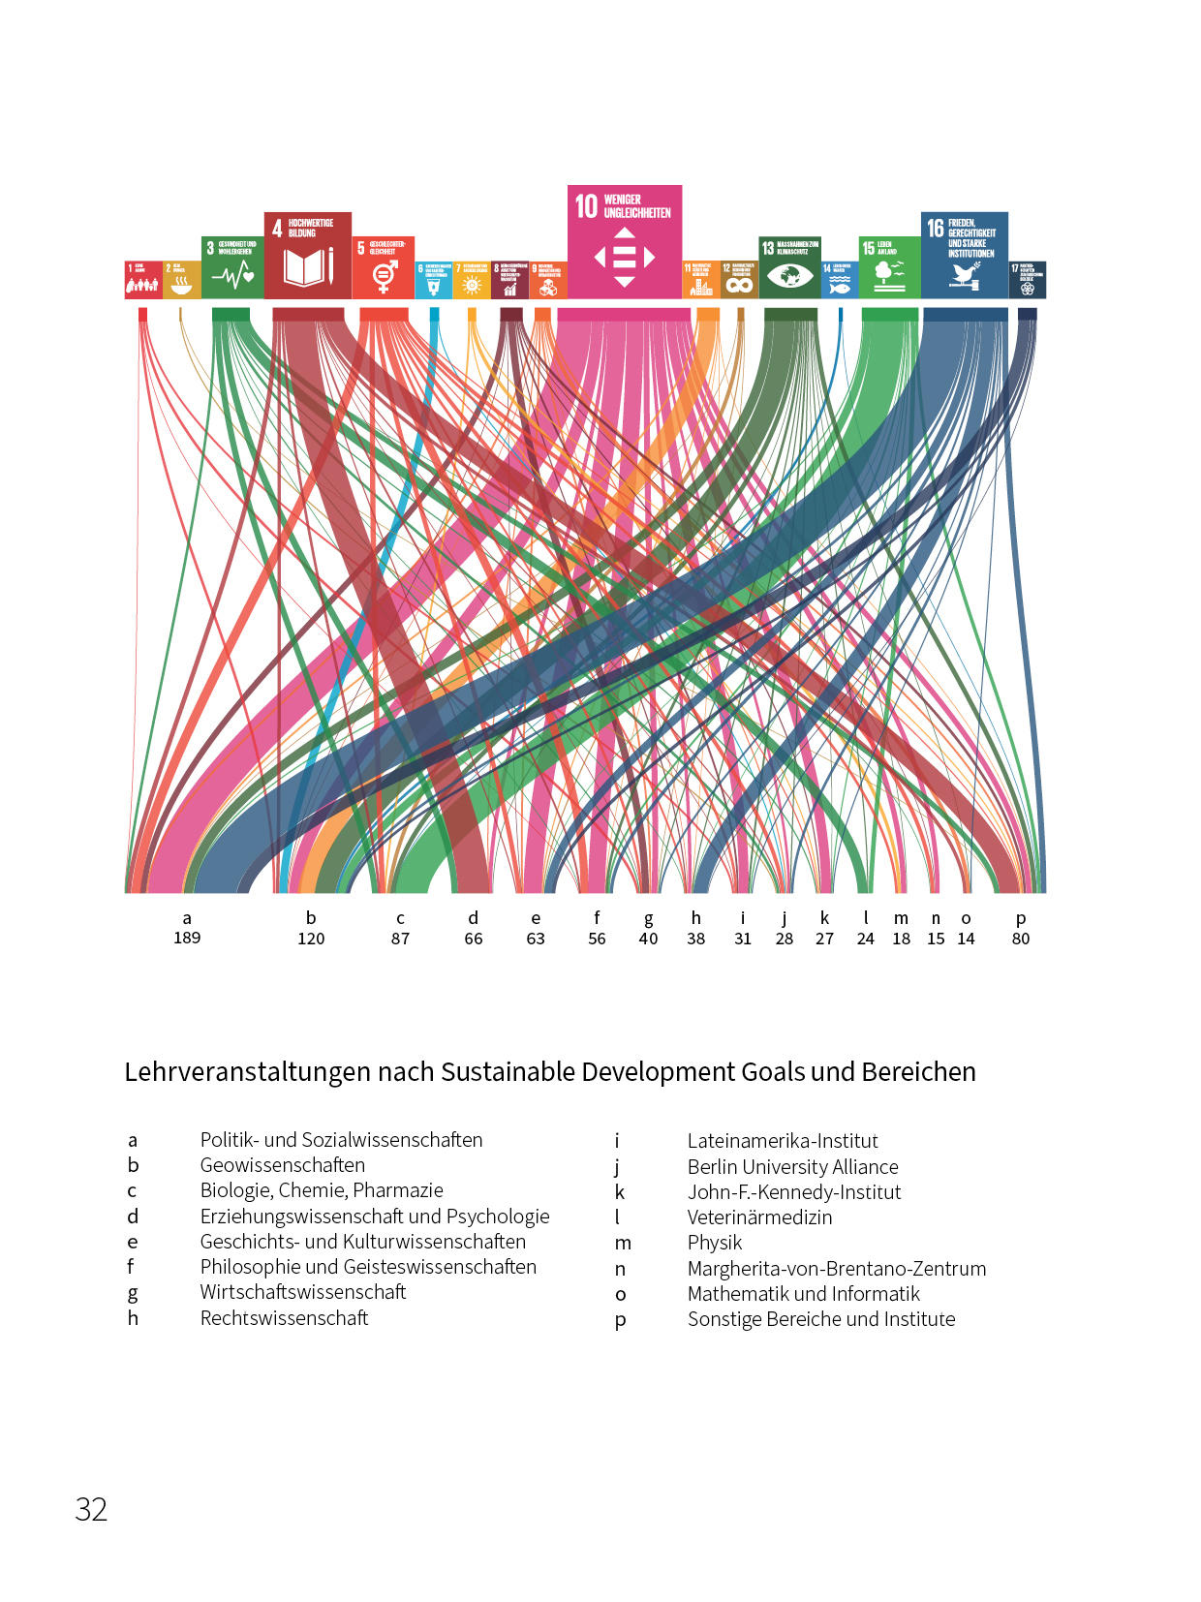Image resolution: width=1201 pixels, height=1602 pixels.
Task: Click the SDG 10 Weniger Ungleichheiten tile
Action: pyautogui.click(x=625, y=242)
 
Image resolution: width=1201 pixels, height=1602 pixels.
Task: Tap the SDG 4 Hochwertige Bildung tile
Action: pyautogui.click(x=308, y=256)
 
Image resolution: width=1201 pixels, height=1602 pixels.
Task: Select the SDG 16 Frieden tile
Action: pyautogui.click(x=965, y=256)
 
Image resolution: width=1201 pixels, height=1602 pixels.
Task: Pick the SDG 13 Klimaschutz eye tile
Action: pyautogui.click(x=789, y=268)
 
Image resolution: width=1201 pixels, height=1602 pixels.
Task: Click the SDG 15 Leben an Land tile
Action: pyautogui.click(x=889, y=267)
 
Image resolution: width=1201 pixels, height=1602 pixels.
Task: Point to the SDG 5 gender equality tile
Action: pyautogui.click(x=384, y=267)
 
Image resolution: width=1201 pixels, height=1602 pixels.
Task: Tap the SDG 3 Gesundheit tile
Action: pyautogui.click(x=232, y=267)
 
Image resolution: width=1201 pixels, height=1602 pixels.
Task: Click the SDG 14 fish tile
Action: pyautogui.click(x=839, y=280)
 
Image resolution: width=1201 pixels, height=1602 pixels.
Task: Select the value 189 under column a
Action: pyautogui.click(x=187, y=938)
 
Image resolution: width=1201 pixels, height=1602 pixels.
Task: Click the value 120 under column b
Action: pyautogui.click(x=311, y=939)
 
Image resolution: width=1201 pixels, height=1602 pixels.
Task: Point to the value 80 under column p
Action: pyautogui.click(x=1021, y=939)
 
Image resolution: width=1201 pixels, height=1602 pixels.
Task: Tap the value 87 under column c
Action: pyautogui.click(x=400, y=939)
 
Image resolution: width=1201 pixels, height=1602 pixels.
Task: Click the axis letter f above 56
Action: pyautogui.click(x=597, y=917)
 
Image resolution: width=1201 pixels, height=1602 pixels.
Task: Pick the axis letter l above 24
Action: pyautogui.click(x=866, y=917)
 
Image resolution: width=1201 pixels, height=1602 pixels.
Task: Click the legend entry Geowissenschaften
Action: pyautogui.click(x=283, y=1165)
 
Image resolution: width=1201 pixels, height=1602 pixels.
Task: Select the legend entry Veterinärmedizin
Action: pyautogui.click(x=759, y=1217)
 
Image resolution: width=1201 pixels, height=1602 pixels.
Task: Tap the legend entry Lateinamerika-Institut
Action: pyautogui.click(x=783, y=1141)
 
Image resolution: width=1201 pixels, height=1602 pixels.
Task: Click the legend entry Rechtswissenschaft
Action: pyautogui.click(x=284, y=1318)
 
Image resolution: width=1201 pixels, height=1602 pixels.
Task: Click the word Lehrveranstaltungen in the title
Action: pyautogui.click(x=248, y=1072)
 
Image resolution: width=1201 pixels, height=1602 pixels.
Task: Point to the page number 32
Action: pyautogui.click(x=91, y=1510)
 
